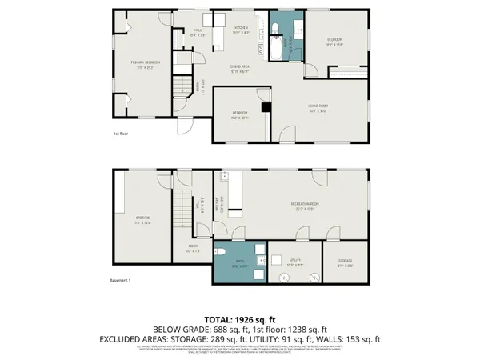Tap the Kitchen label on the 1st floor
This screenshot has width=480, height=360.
(x=240, y=30)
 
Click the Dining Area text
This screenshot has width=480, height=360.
(x=240, y=70)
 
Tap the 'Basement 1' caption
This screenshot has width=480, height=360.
(x=119, y=280)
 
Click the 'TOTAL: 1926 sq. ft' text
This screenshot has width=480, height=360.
(x=240, y=319)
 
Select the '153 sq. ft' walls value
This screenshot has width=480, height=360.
(x=366, y=339)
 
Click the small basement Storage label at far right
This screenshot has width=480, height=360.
(x=345, y=262)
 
